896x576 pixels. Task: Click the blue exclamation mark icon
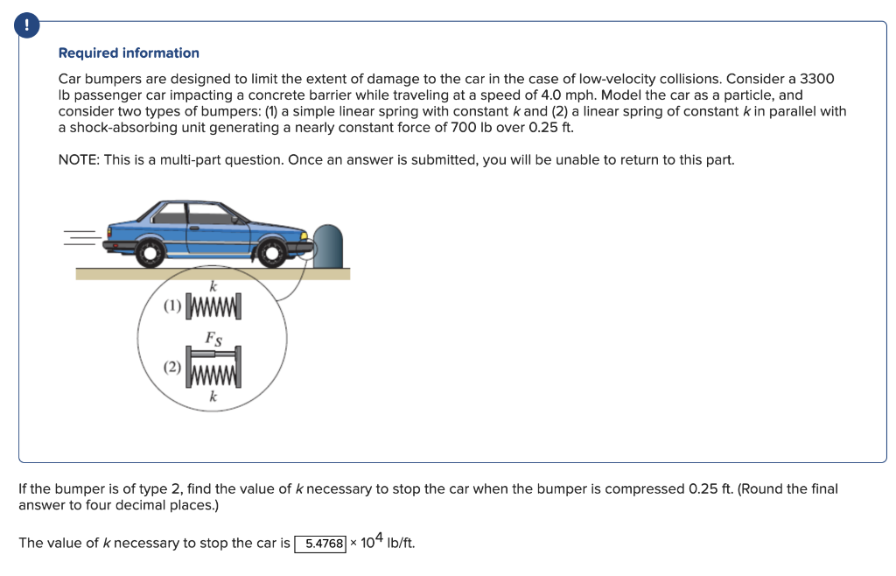pyautogui.click(x=29, y=26)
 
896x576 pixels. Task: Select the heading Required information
pyautogui.click(x=129, y=53)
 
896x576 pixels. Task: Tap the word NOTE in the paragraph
pyautogui.click(x=77, y=160)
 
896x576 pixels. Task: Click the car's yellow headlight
pyautogui.click(x=304, y=235)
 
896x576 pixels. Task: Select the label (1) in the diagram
pyautogui.click(x=172, y=306)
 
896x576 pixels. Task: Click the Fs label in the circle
pyautogui.click(x=213, y=337)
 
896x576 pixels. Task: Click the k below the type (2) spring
pyautogui.click(x=213, y=397)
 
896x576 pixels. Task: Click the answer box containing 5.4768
pyautogui.click(x=320, y=544)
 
